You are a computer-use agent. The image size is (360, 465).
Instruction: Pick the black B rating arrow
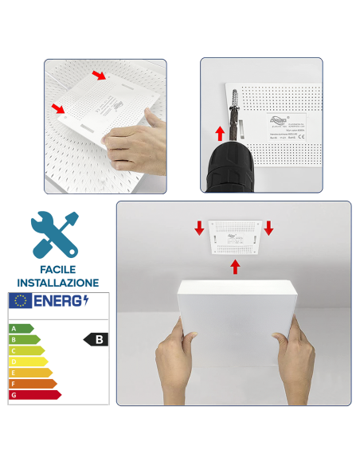[x=96, y=339]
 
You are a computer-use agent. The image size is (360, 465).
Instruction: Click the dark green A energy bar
[x=21, y=328]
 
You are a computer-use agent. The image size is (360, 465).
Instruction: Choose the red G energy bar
[x=34, y=395]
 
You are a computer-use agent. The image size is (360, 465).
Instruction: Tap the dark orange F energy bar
[x=32, y=384]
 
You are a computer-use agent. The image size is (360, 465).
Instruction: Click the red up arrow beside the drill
[x=219, y=133]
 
